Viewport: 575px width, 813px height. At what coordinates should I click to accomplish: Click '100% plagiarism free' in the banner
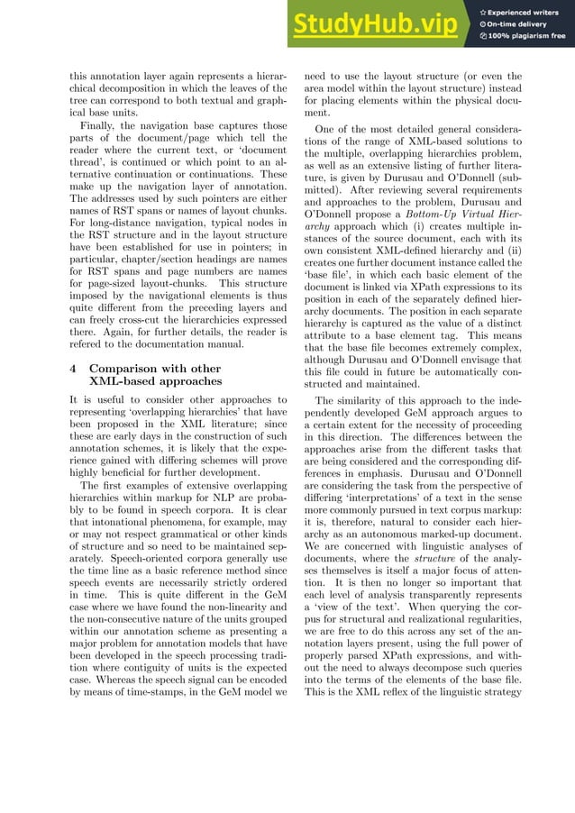coord(526,37)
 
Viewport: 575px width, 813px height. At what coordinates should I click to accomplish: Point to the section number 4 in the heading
coord(74,369)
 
